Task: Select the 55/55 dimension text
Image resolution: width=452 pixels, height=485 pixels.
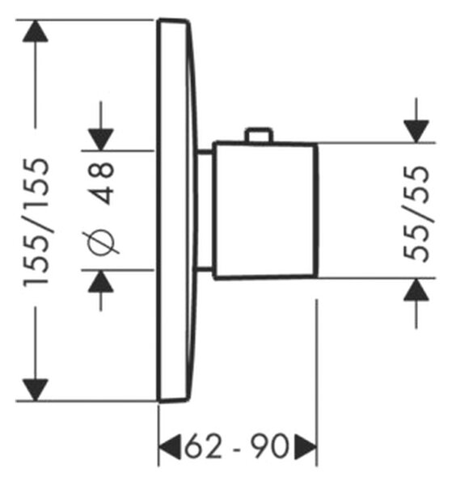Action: [417, 214]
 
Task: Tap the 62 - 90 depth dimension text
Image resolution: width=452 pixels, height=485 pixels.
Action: [237, 446]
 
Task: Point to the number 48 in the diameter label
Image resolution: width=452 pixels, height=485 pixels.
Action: [101, 183]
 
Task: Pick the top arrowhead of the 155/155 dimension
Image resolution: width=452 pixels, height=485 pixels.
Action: [36, 31]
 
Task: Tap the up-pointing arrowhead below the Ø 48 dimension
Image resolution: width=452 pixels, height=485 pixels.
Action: [101, 281]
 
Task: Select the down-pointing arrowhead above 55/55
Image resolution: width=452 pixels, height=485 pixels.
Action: [416, 132]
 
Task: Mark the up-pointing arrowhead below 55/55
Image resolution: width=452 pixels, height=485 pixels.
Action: [416, 289]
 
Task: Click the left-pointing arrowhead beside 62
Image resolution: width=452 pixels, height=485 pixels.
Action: [170, 447]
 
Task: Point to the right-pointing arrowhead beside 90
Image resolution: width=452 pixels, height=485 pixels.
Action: [306, 447]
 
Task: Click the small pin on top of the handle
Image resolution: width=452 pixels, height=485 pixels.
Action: [259, 135]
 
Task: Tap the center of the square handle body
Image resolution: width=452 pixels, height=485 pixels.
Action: [265, 211]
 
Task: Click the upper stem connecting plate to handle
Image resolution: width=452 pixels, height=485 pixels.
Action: [205, 152]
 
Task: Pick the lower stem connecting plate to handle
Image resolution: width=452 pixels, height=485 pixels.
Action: [205, 269]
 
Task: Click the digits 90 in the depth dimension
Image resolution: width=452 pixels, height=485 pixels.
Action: [270, 446]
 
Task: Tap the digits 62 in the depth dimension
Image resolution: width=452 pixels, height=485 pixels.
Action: [204, 446]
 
